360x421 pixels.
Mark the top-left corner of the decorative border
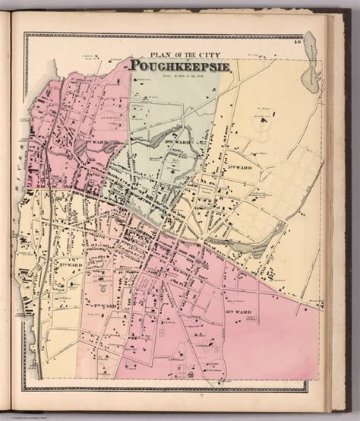click(25, 33)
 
